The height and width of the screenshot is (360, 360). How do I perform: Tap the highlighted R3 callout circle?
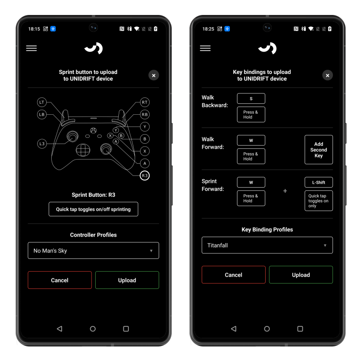point(145,175)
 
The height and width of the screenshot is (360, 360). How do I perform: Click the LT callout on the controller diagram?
point(42,102)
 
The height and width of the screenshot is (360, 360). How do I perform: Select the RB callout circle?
point(145,114)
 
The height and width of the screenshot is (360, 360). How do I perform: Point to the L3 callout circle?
point(42,144)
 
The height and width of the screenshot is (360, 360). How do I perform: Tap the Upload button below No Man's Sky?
point(127,280)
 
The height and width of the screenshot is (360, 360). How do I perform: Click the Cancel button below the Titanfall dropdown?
point(234,275)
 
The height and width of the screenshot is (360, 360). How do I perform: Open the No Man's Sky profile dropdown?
point(93,250)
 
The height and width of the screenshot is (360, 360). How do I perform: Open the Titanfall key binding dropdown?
point(267,245)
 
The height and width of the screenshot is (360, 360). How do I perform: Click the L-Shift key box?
point(319,182)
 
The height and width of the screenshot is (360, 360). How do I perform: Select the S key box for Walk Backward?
point(251,98)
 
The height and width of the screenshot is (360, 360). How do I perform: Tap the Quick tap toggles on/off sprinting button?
point(93,209)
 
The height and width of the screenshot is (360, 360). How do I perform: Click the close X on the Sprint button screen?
point(154,75)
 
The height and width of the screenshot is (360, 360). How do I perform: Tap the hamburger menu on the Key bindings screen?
point(205,48)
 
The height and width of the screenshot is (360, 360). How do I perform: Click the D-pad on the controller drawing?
point(83,150)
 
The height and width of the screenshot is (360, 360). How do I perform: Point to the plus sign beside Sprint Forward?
point(285,191)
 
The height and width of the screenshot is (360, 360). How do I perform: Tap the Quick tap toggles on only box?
point(319,201)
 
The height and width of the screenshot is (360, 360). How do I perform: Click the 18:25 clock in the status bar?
point(208,29)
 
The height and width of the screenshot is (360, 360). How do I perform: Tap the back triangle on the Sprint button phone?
point(59,329)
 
